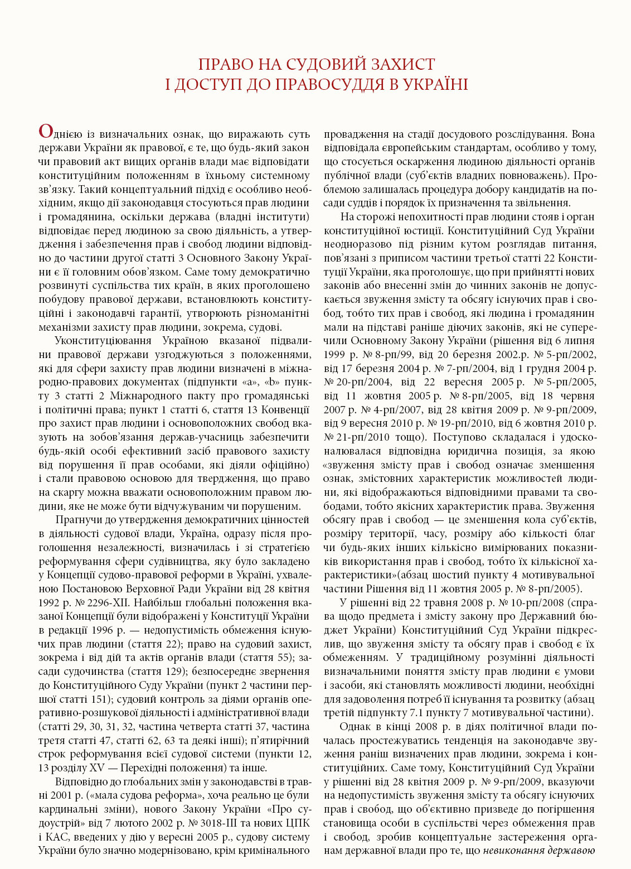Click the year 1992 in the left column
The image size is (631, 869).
coord(50,602)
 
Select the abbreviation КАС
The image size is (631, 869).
coord(57,837)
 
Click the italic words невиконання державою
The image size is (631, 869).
coord(539,851)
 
